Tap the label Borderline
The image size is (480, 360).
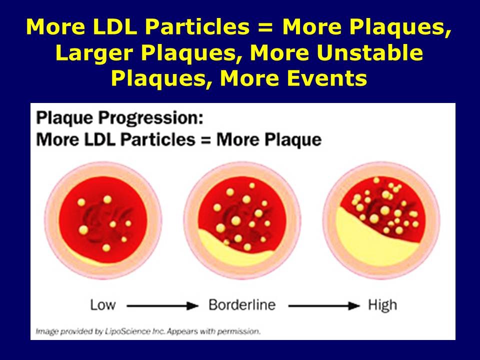point(242,304)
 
